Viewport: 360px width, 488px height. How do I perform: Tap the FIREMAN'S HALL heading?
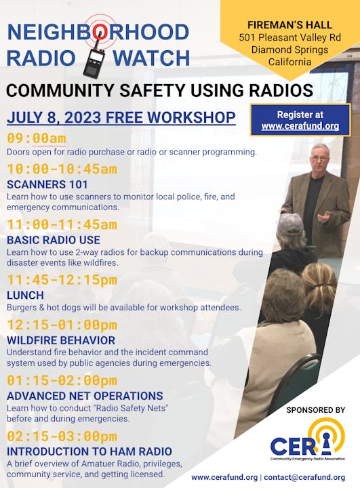[x=289, y=25]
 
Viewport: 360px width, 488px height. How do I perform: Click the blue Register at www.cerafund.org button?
[x=300, y=120]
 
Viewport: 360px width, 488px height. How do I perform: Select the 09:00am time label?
[x=37, y=139]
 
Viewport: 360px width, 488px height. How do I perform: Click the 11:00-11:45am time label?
[x=62, y=224]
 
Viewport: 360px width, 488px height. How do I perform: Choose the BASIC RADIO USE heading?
[x=53, y=239]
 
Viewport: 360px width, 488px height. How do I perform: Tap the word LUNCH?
[x=25, y=295]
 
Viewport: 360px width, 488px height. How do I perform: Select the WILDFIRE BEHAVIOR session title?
[x=60, y=340]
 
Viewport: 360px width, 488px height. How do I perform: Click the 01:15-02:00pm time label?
[x=62, y=380]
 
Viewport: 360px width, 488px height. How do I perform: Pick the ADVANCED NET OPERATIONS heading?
[x=84, y=395]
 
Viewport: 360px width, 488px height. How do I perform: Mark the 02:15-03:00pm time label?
[x=62, y=436]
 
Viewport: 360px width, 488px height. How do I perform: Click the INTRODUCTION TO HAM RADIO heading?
[x=89, y=451]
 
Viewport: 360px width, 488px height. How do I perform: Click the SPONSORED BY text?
[x=316, y=410]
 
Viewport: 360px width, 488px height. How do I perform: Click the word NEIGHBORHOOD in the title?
[x=98, y=32]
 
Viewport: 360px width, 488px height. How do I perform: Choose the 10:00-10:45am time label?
[x=62, y=169]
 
